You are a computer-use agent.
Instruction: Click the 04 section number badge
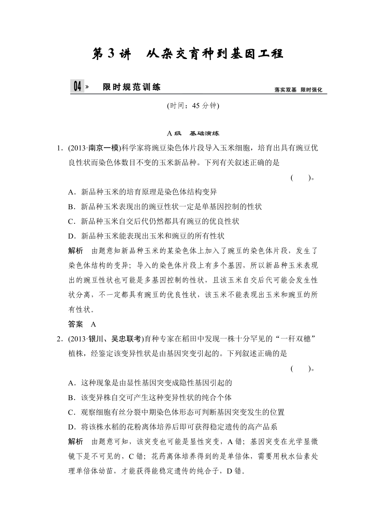coord(77,87)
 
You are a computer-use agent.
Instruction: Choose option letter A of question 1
coord(71,192)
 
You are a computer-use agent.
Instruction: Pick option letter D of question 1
coord(71,236)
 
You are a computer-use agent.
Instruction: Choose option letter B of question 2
coord(71,397)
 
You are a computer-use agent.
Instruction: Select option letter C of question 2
coord(71,412)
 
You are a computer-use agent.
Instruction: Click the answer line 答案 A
coord(82,324)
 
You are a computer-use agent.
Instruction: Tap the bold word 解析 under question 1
coord(75,251)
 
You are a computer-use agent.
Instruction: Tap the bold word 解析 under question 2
coord(75,442)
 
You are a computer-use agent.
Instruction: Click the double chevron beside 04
coord(87,87)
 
